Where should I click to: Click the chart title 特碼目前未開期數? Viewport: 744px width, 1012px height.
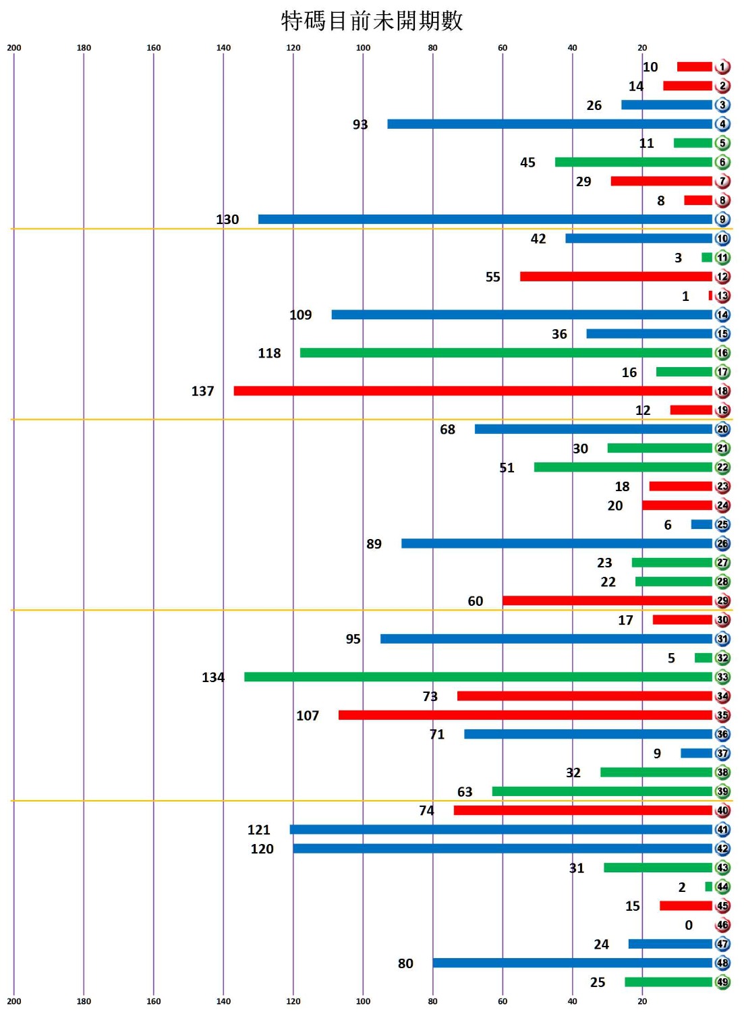[x=372, y=21]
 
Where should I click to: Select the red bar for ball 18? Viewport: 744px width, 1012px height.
[x=472, y=391]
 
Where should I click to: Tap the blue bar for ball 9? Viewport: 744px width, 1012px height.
[x=484, y=219]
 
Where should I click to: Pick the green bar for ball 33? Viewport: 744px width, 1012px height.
[x=478, y=677]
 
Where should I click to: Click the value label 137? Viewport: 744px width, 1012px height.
[x=202, y=391]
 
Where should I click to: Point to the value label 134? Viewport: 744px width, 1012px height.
[x=213, y=677]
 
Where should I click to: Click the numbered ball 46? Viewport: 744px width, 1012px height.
[x=722, y=925]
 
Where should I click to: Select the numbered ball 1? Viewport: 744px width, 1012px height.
[x=722, y=67]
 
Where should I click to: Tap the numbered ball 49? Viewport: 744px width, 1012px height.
[x=722, y=982]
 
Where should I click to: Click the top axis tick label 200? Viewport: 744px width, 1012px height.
[x=14, y=48]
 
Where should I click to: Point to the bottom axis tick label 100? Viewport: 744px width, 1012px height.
[x=363, y=1001]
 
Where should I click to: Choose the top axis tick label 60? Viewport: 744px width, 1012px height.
[x=503, y=48]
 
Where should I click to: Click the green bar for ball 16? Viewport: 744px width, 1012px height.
[x=506, y=353]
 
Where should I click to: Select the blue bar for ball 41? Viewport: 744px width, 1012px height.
[x=500, y=829]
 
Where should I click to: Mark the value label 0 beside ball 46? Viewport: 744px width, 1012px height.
[x=689, y=925]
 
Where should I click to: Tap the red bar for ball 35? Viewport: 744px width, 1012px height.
[x=525, y=715]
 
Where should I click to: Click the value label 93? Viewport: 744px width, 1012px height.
[x=360, y=124]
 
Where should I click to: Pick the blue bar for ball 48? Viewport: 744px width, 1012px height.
[x=572, y=963]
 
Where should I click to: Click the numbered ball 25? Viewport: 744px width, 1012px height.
[x=722, y=525]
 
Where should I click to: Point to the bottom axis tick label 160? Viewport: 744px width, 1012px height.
[x=154, y=1001]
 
